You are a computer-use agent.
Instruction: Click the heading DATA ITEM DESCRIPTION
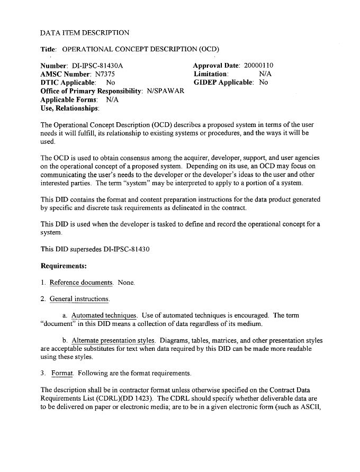[85, 33]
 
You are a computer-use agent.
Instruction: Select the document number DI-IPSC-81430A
[97, 66]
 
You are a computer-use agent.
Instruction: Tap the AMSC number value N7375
[106, 74]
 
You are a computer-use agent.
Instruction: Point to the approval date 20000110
[258, 66]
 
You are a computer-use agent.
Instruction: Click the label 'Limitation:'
[211, 74]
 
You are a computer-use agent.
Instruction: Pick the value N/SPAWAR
[165, 91]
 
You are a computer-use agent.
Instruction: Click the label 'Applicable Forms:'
[69, 99]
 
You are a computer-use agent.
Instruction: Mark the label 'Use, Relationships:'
[70, 108]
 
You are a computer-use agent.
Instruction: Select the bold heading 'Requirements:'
[64, 266]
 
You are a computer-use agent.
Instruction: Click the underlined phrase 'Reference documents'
[81, 283]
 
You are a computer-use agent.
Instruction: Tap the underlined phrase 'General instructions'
[79, 299]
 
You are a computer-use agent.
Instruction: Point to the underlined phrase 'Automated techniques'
[104, 316]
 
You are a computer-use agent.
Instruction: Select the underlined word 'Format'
[62, 373]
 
